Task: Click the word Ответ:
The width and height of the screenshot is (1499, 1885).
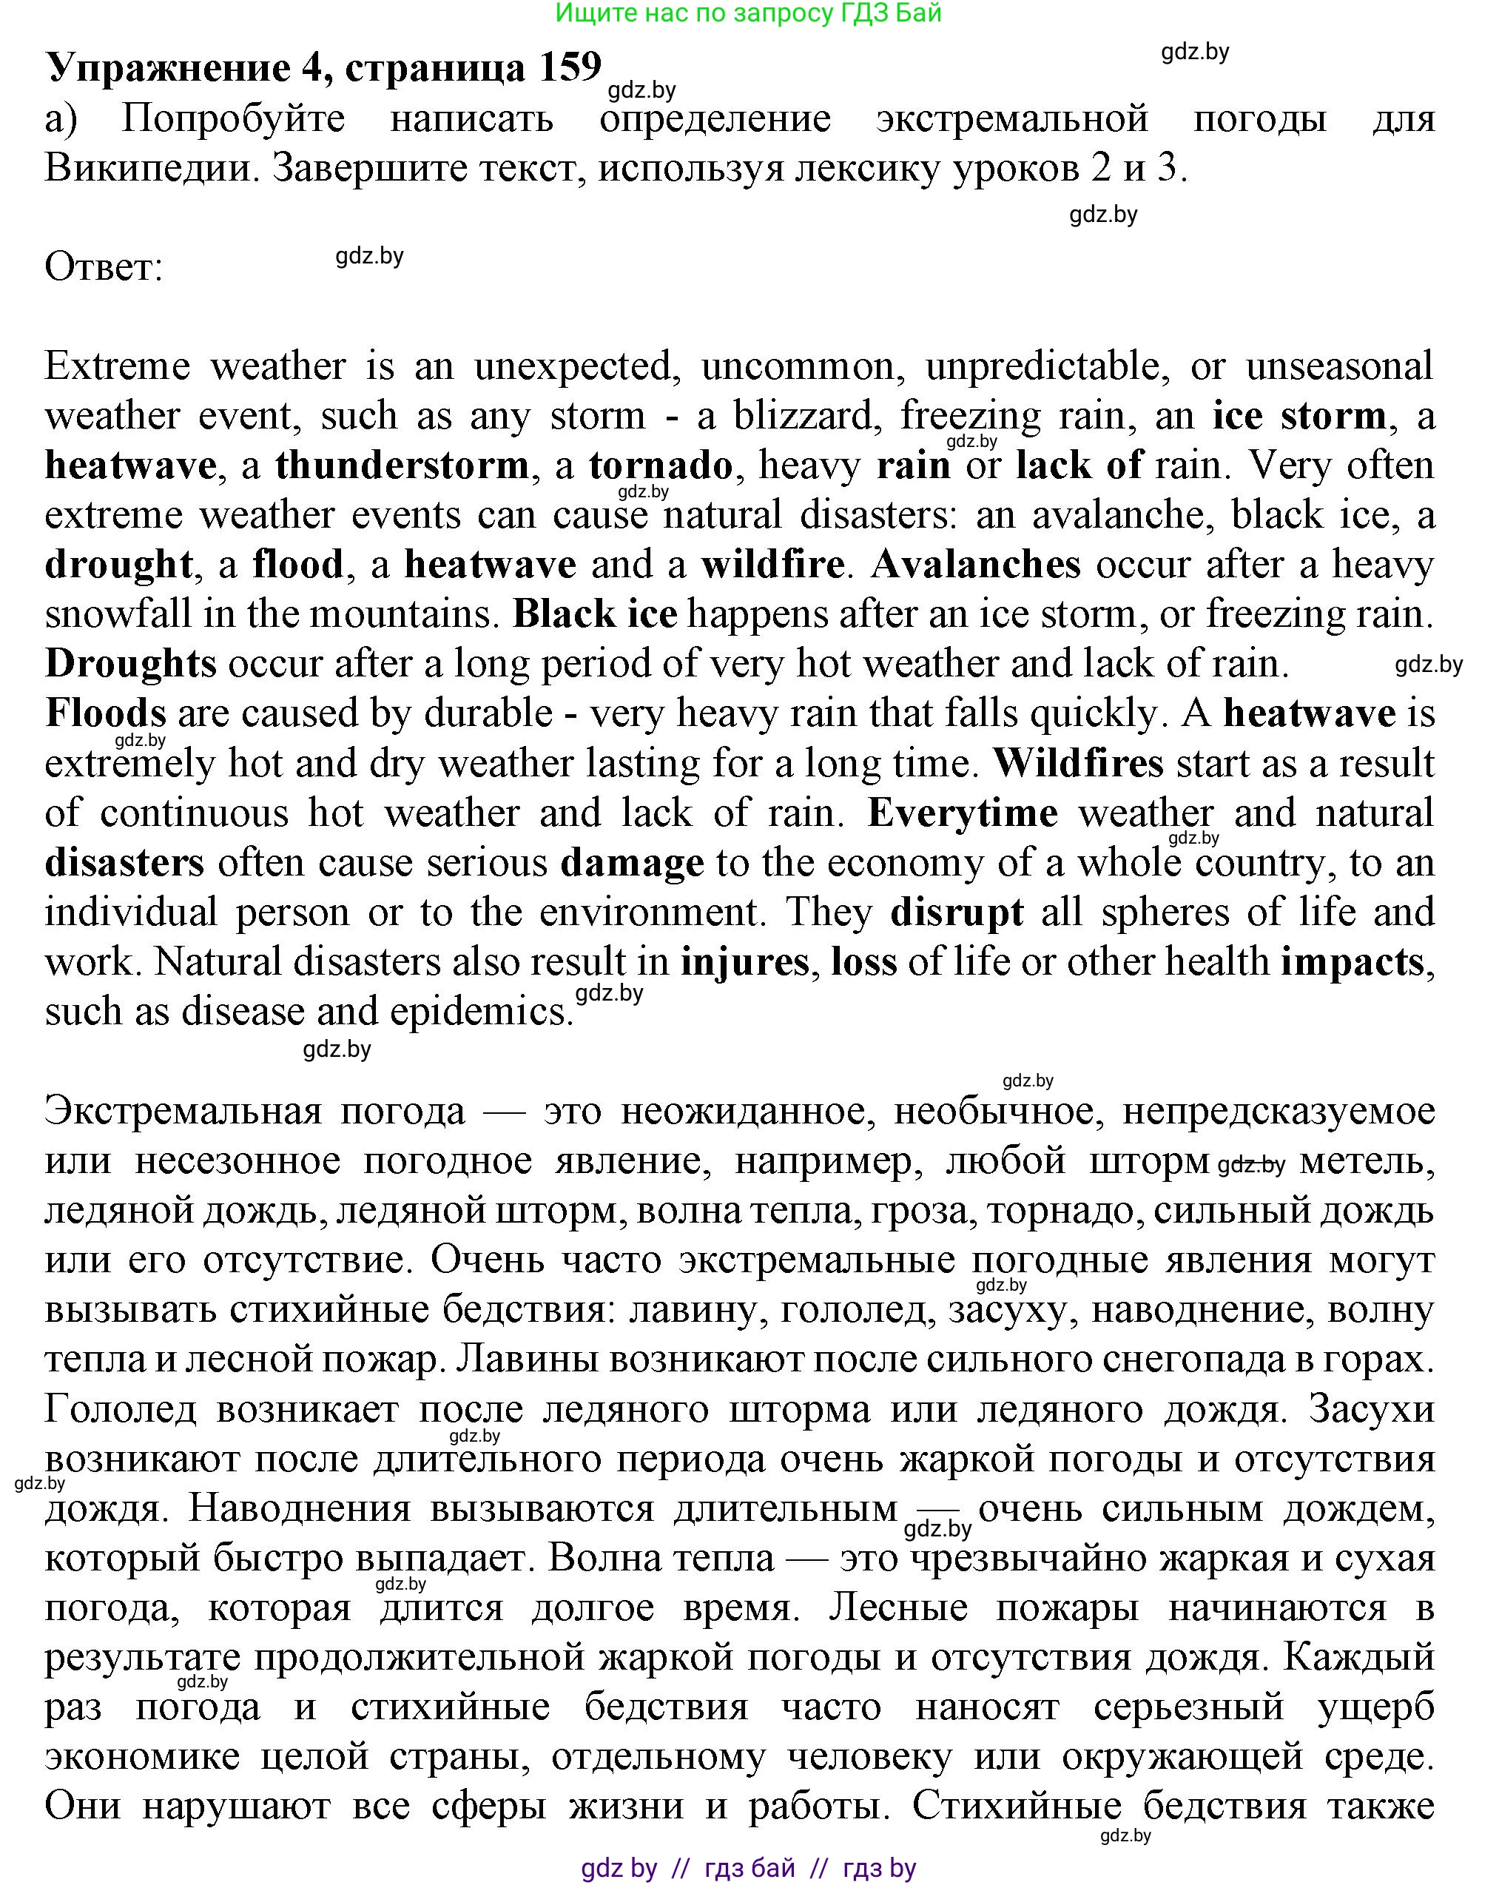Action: point(104,266)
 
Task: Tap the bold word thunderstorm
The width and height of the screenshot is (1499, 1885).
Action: point(402,465)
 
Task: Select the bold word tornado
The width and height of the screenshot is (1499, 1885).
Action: point(661,465)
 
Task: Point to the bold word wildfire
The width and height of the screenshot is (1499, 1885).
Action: point(772,565)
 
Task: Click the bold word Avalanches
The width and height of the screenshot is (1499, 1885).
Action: point(975,565)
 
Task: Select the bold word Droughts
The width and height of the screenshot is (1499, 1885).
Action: point(130,664)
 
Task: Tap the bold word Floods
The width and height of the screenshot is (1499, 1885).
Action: point(106,713)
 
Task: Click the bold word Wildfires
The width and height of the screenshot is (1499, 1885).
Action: point(1079,763)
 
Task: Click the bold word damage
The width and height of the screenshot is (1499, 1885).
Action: point(632,863)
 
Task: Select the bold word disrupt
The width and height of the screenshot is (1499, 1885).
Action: point(956,913)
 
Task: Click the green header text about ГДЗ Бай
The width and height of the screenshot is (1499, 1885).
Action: point(748,13)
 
